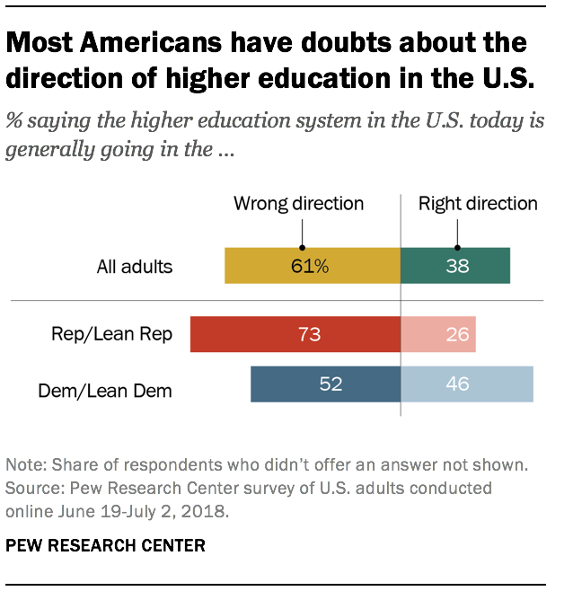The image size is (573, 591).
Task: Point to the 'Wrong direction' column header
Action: coord(299,204)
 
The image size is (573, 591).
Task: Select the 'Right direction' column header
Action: coord(478,204)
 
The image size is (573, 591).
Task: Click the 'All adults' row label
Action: coord(135,267)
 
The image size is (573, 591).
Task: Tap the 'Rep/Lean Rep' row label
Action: coord(119,335)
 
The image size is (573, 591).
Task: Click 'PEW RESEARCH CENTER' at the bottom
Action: coord(106,545)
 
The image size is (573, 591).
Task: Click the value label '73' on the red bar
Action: coord(309,335)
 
